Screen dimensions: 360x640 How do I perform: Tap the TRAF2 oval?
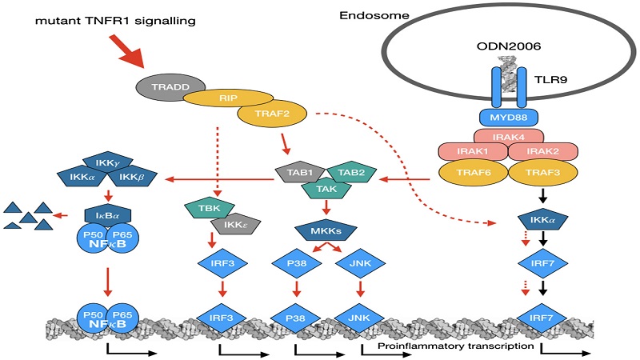(272, 114)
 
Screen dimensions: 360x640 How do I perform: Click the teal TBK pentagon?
(206, 210)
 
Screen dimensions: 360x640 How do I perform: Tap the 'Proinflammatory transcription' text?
(449, 346)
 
